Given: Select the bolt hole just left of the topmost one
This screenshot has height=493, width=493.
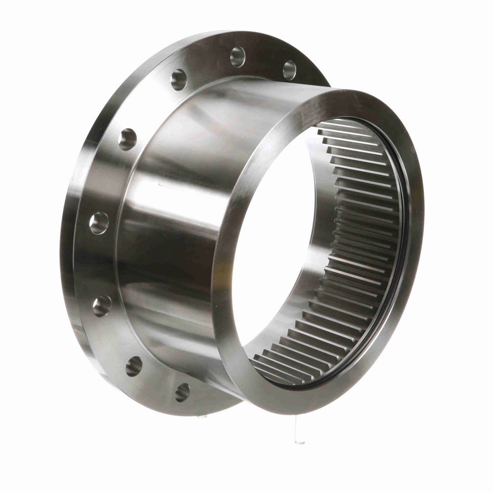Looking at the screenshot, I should point(179,78).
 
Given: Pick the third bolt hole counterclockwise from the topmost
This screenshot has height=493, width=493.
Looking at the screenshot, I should point(128,138).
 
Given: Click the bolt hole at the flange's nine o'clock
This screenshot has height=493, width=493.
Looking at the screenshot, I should point(99,223).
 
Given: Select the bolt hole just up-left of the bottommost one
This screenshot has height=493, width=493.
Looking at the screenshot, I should point(134,366).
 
